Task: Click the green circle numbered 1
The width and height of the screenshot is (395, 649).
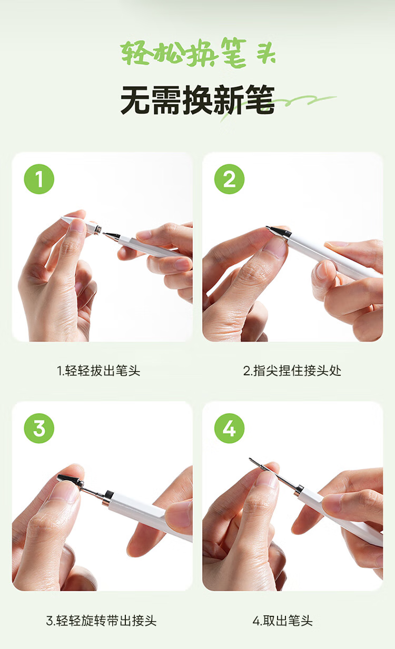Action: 39,179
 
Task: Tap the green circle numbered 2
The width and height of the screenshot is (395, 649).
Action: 229,179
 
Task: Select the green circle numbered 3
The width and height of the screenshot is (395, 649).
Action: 39,428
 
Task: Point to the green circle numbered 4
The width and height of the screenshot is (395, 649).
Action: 229,428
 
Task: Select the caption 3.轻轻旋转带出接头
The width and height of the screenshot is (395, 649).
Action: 101,621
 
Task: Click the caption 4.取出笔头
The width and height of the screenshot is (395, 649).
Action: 283,621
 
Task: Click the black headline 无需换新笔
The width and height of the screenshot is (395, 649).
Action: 197,99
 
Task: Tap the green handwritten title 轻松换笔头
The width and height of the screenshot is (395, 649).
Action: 198,53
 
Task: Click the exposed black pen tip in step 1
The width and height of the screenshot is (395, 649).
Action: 111,235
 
